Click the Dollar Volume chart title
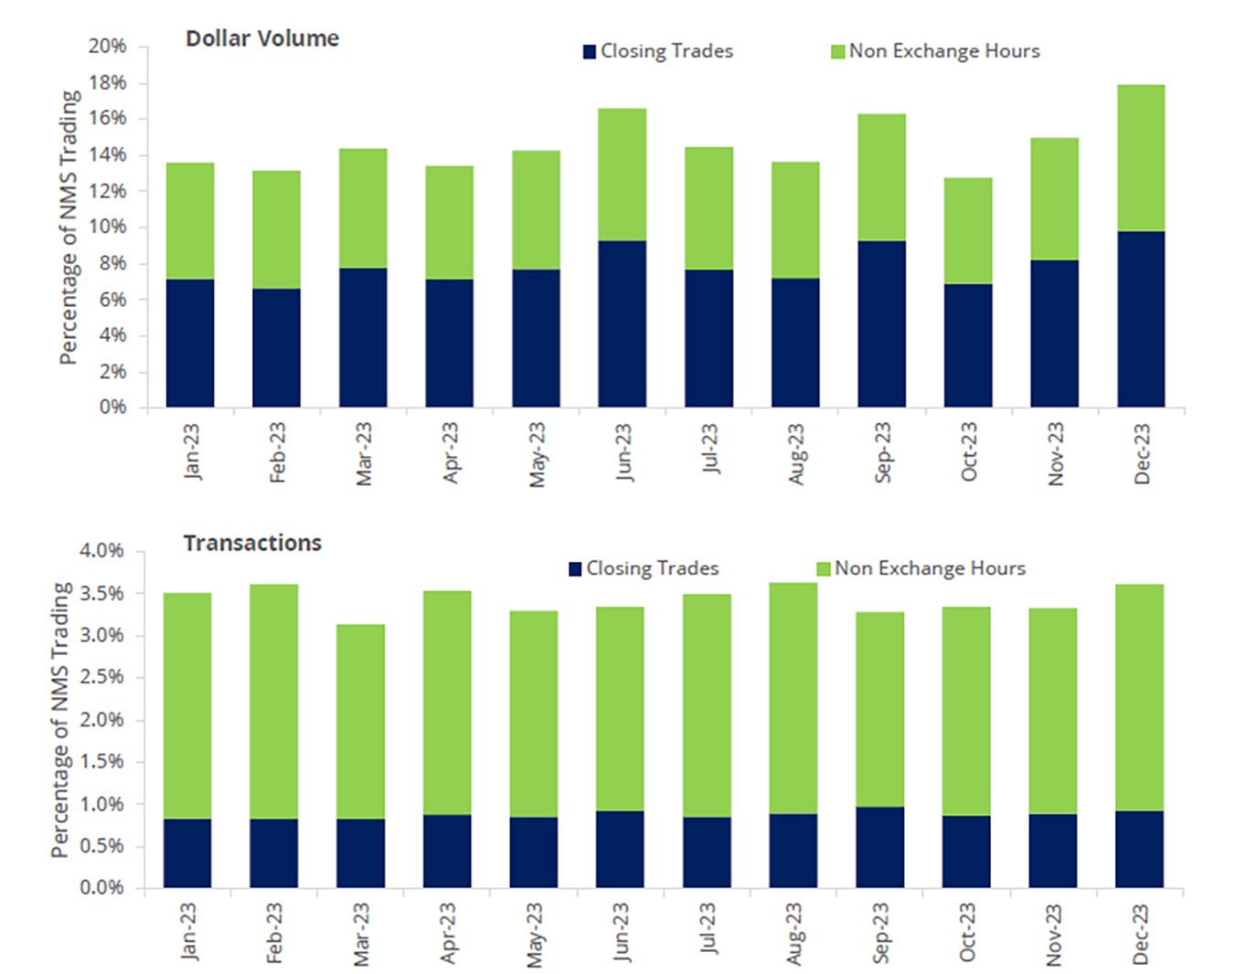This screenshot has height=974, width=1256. click(x=262, y=38)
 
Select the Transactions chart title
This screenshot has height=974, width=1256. click(x=252, y=543)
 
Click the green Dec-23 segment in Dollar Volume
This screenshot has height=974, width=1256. click(x=1141, y=158)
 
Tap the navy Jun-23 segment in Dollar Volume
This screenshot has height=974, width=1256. click(x=623, y=323)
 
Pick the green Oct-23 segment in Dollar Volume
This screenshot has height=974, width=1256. click(x=968, y=230)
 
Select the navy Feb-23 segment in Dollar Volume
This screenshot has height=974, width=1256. click(x=277, y=347)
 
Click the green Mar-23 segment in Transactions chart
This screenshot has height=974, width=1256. click(x=360, y=721)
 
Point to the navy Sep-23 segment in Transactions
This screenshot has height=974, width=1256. click(x=880, y=847)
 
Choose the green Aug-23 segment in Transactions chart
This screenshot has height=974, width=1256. click(x=793, y=698)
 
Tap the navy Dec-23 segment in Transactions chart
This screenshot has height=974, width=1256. click(x=1139, y=849)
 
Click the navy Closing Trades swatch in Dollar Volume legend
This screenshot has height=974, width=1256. click(x=590, y=52)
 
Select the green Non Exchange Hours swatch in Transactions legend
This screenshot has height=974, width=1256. click(x=824, y=569)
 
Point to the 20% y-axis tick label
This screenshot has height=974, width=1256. click(x=107, y=47)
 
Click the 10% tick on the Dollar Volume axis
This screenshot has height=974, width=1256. click(x=107, y=227)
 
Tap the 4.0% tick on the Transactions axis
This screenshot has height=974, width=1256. click(x=101, y=551)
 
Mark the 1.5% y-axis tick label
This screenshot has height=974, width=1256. click(x=101, y=762)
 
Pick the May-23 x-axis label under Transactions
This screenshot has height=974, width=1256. click(x=535, y=934)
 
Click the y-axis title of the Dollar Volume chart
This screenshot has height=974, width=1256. click(x=69, y=228)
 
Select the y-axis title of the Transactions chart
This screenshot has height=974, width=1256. click(x=60, y=720)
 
